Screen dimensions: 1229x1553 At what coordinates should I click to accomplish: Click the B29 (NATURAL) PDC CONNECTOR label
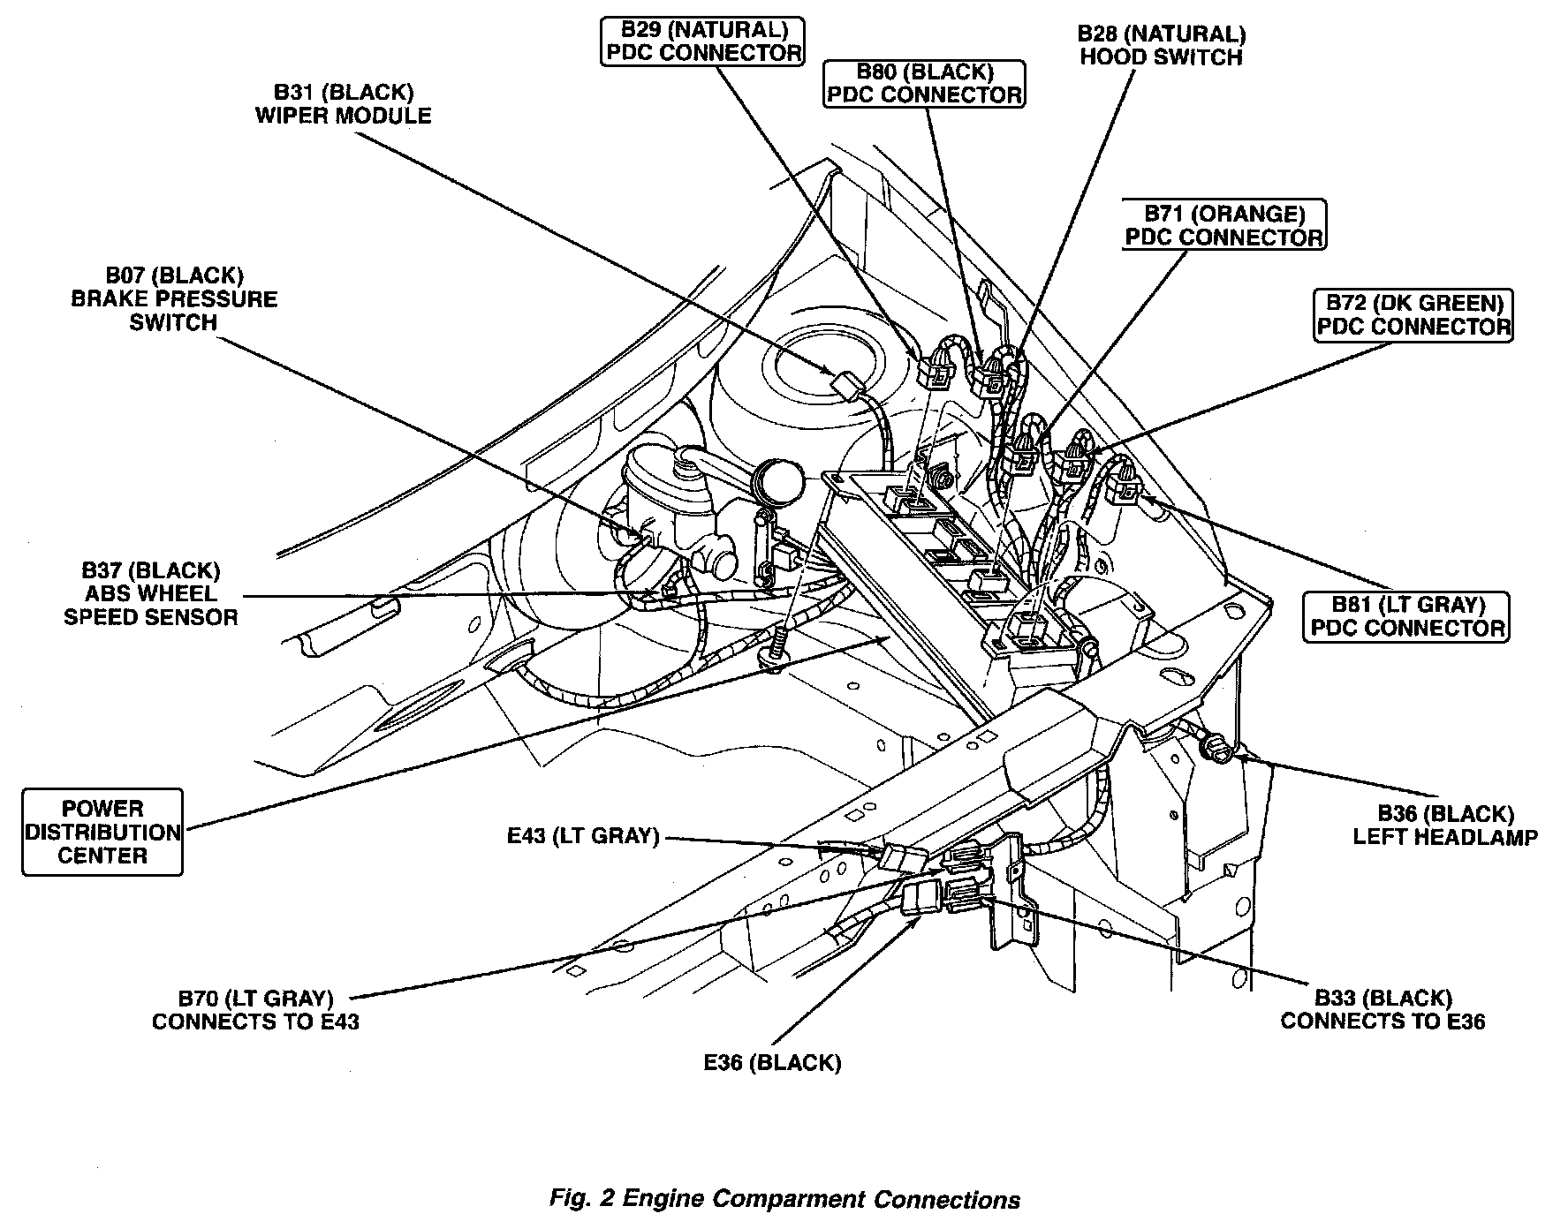[702, 41]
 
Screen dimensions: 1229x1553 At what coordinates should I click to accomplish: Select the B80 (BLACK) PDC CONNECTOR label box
[924, 83]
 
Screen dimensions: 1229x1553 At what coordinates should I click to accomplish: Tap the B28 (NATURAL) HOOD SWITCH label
[1161, 46]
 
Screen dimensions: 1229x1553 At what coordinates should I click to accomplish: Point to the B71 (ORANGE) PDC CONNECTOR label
[1223, 225]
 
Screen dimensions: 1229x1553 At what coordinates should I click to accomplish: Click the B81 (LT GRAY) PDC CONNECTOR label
[1407, 616]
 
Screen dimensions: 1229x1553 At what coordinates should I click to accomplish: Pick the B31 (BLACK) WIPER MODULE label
[343, 104]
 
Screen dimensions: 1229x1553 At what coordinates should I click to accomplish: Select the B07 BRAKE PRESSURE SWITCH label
[173, 299]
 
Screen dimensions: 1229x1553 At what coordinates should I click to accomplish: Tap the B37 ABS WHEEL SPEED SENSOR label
[150, 593]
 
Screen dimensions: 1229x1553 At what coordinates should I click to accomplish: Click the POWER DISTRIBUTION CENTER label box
[102, 832]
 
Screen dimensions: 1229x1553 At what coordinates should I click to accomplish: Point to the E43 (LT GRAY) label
[583, 835]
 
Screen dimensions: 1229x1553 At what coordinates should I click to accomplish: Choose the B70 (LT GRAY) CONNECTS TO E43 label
[255, 1010]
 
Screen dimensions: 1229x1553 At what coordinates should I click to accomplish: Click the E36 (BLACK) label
[772, 1062]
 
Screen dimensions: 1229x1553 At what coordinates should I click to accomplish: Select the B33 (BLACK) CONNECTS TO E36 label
[1383, 1009]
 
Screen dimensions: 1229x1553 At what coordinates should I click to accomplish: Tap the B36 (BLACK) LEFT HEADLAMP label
[1445, 825]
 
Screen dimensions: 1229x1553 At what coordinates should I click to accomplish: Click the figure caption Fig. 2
[784, 1199]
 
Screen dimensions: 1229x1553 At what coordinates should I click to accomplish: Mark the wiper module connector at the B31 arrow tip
[845, 387]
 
